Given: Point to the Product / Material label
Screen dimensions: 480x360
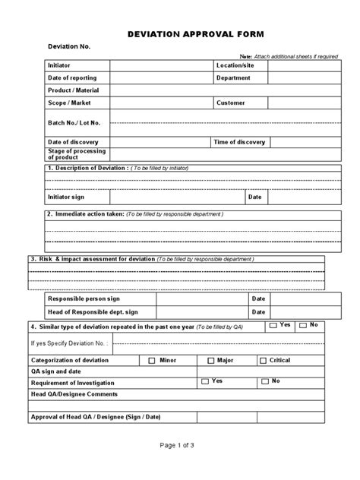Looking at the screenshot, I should click(x=74, y=90).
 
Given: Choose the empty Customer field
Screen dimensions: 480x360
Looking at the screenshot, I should click(x=296, y=103).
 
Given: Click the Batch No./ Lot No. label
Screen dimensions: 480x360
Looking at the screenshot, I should click(x=74, y=122).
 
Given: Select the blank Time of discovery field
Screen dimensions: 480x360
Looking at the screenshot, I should click(x=297, y=142).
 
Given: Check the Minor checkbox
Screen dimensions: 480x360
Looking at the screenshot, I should click(x=152, y=361).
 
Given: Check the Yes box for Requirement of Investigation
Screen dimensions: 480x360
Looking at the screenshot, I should click(x=205, y=381).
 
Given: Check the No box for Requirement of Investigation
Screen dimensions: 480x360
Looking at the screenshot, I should click(x=264, y=381).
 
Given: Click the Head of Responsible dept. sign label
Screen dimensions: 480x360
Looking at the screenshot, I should click(x=93, y=311).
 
